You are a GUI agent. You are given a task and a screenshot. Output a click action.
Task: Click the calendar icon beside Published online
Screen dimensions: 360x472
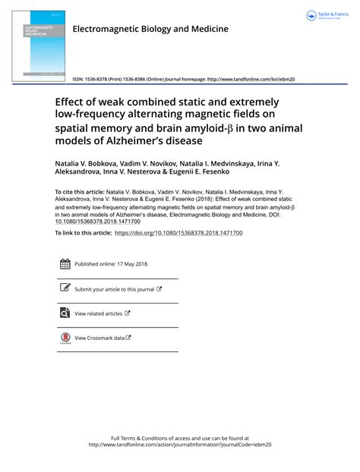(x=65, y=264)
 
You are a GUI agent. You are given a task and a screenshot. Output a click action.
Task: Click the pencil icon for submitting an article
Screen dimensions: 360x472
(x=65, y=288)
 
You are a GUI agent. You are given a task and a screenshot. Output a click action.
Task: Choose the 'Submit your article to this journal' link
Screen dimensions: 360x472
(x=115, y=289)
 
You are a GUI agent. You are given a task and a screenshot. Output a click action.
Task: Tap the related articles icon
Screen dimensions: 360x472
(x=65, y=313)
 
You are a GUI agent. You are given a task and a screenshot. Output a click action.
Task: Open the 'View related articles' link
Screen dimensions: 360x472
(x=99, y=313)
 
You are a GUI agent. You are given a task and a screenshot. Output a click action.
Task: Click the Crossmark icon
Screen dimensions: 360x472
(x=65, y=338)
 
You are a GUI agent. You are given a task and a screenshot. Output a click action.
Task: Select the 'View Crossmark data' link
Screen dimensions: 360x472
(x=99, y=338)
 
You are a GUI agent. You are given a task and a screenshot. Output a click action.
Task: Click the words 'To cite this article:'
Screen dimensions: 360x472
(x=81, y=194)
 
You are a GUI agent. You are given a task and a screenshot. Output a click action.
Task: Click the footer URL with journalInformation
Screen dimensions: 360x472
(x=179, y=445)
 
